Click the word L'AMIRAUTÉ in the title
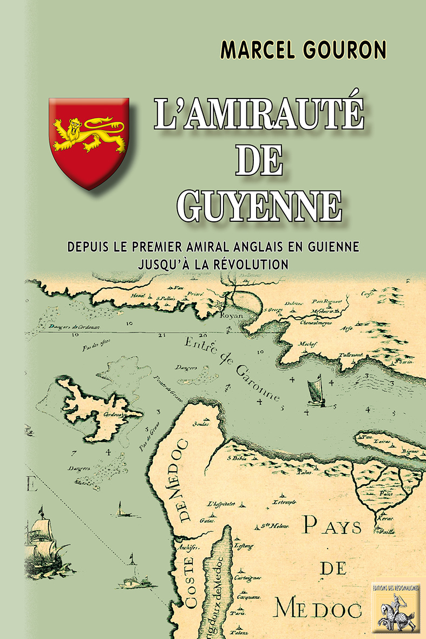tap(258, 115)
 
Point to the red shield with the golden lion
tap(89, 142)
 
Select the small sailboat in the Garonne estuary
tap(314, 389)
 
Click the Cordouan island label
tap(112, 415)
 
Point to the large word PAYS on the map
tap(331, 524)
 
